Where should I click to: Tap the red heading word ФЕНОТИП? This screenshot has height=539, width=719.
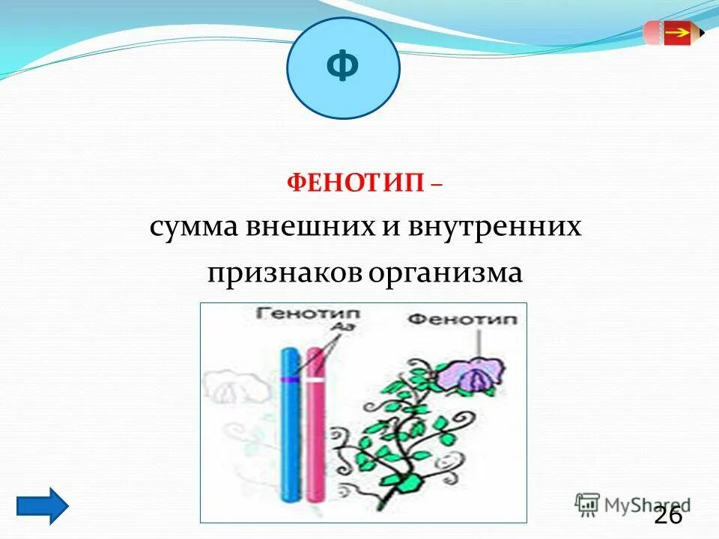tap(356, 183)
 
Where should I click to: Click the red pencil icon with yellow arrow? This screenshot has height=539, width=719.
tap(673, 33)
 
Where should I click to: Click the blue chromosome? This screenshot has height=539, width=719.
tap(288, 427)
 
